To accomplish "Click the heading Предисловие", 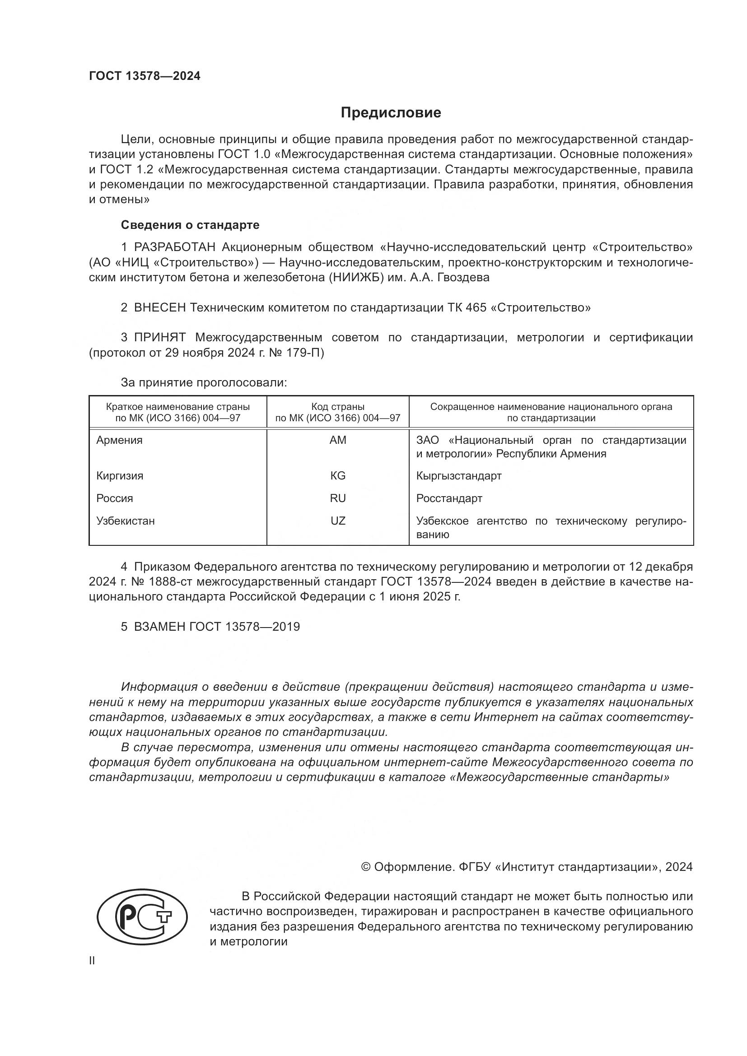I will [391, 113].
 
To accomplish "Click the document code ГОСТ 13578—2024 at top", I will [145, 76].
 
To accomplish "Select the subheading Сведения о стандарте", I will [190, 225].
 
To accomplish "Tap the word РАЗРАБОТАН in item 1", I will [174, 247].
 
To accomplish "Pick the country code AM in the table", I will [338, 440].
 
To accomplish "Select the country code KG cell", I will [338, 475].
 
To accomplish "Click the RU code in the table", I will [338, 498].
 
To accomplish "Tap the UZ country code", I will [338, 521].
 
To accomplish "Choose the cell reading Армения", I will [120, 440].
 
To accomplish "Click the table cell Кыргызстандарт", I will [458, 475].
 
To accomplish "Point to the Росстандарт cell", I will [449, 498].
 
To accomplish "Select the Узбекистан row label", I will [126, 521].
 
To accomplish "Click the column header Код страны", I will [338, 407].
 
